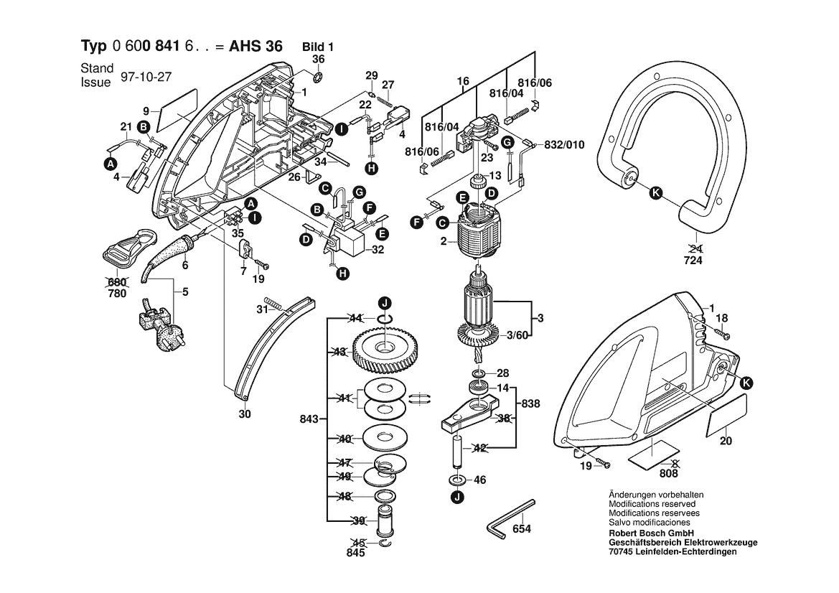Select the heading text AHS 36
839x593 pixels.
point(255,46)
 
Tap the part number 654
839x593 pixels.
point(522,529)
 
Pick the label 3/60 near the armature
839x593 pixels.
point(520,335)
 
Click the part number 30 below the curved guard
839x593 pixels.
point(245,414)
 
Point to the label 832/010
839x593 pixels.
point(565,144)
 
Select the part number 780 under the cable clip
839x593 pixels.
point(116,293)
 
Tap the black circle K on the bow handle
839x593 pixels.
point(655,192)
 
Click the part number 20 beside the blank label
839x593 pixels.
point(726,441)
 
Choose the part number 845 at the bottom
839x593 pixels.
point(356,553)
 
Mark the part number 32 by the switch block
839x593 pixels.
point(378,250)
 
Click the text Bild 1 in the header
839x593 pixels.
point(317,46)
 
